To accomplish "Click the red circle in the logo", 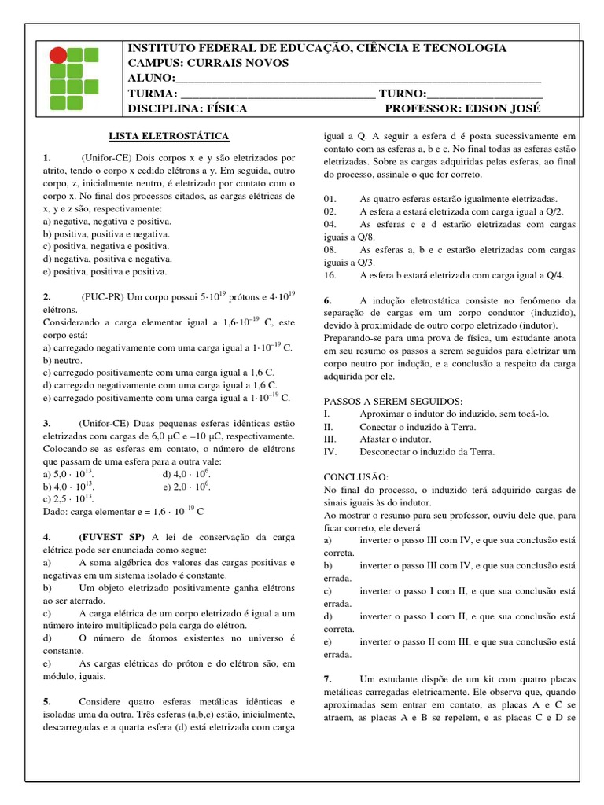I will point(58,55).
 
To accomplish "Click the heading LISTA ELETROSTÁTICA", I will point(168,135).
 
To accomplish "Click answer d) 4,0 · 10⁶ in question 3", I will point(186,476).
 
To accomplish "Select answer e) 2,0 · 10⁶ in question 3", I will point(186,487).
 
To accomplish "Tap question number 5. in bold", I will point(47,701).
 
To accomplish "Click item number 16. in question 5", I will point(330,275).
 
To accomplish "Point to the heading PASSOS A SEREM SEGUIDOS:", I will point(393,401).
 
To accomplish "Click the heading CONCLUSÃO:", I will point(356,477).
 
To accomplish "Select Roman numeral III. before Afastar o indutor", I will point(330,439).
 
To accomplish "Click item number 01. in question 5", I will point(330,199).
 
